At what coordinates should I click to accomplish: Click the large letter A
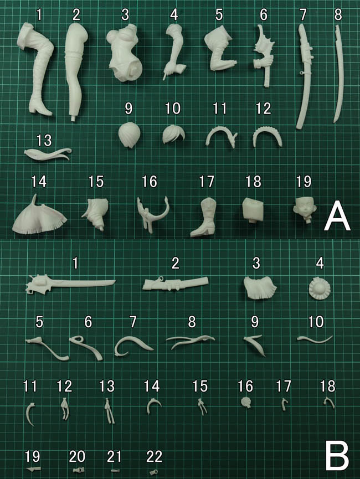[x=337, y=215]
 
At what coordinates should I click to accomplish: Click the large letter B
[x=337, y=456]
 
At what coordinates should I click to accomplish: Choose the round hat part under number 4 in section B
[x=320, y=288]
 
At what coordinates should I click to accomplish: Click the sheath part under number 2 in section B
[x=176, y=284]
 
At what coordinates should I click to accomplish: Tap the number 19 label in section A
[x=304, y=181]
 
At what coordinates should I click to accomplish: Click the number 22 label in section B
[x=154, y=456]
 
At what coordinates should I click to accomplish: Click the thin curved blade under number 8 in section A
[x=339, y=73]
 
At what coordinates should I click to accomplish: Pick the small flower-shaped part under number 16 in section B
[x=246, y=403]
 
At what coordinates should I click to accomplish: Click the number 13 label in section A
[x=44, y=140]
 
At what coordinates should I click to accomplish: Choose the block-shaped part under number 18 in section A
[x=253, y=210]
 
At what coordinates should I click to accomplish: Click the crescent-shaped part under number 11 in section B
[x=30, y=414]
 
